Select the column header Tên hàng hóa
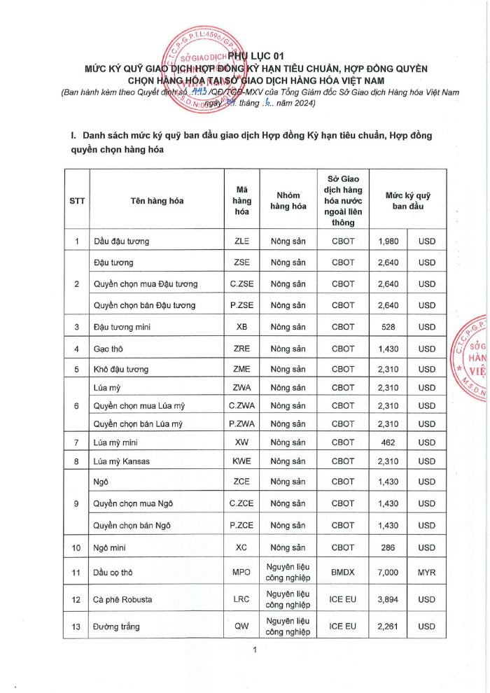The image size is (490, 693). click(157, 200)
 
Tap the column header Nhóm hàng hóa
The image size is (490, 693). click(289, 200)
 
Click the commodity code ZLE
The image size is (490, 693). click(241, 241)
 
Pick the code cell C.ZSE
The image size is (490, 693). click(241, 284)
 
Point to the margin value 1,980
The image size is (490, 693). click(388, 241)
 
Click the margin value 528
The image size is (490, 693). click(388, 327)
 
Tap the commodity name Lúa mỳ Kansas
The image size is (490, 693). click(121, 461)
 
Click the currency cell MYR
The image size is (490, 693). click(426, 573)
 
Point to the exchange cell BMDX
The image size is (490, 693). click(343, 573)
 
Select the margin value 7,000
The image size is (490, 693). click(388, 573)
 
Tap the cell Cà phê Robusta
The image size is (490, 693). click(122, 600)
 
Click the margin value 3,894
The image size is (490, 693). click(388, 600)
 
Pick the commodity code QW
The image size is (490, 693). click(241, 626)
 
